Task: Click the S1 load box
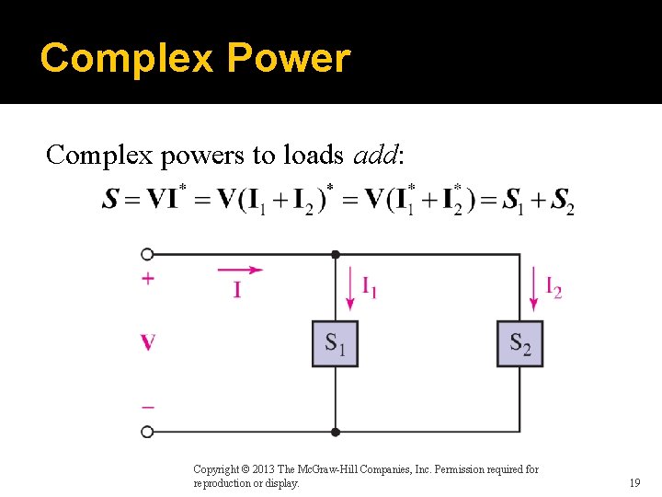click(335, 343)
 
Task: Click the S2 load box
click(519, 343)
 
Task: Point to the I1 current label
click(368, 289)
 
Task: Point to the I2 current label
click(554, 288)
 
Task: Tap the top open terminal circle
click(147, 254)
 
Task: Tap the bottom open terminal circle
click(147, 431)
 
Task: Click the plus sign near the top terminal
click(147, 279)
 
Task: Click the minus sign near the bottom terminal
click(147, 406)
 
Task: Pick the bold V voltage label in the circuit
click(147, 343)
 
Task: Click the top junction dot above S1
click(335, 254)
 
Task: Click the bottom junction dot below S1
click(335, 431)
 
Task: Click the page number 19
click(634, 482)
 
